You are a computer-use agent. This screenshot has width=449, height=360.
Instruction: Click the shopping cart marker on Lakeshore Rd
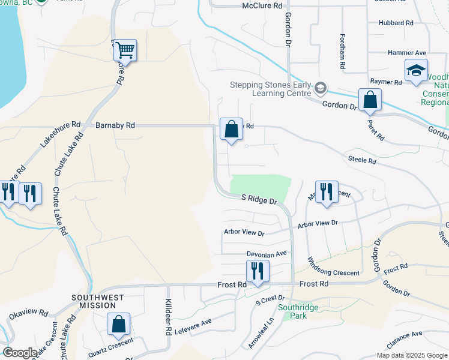125,50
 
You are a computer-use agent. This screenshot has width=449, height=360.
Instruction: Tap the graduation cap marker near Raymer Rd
416,70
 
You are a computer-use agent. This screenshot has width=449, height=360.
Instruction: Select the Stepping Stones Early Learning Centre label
271,89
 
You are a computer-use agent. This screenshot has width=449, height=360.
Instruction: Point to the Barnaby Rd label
115,125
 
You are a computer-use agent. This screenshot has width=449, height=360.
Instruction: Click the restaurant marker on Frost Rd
258,271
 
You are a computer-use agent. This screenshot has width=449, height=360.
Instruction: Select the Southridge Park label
292,311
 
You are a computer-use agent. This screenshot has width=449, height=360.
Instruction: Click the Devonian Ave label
267,254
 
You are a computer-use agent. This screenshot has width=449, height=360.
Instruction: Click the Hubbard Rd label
396,23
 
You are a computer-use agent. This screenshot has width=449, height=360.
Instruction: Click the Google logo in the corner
20,353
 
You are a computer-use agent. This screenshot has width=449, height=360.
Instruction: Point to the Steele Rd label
362,160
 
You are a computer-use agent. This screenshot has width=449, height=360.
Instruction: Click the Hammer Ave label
406,53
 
